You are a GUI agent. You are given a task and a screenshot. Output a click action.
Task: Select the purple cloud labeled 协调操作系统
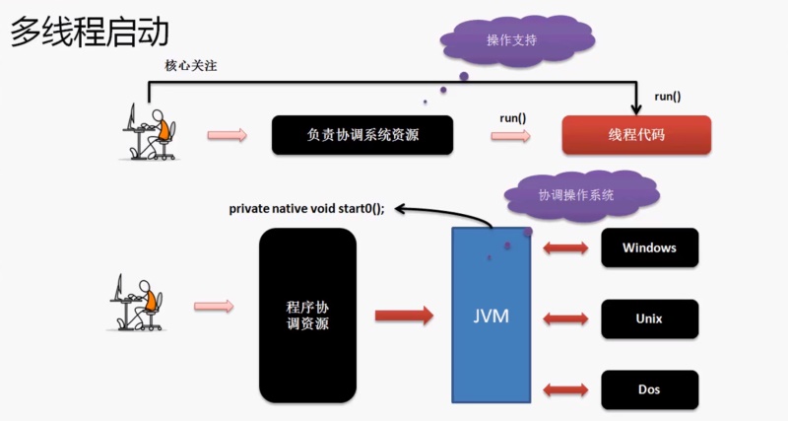pyautogui.click(x=576, y=195)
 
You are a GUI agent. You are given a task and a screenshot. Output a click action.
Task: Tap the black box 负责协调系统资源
pyautogui.click(x=362, y=135)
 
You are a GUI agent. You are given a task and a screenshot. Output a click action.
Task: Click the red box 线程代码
pyautogui.click(x=636, y=135)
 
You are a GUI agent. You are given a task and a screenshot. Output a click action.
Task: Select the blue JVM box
pyautogui.click(x=491, y=316)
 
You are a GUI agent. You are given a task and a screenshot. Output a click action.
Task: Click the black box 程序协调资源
pyautogui.click(x=306, y=316)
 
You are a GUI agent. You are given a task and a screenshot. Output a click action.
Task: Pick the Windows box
pyautogui.click(x=649, y=247)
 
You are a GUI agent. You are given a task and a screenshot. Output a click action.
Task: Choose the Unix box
pyautogui.click(x=649, y=319)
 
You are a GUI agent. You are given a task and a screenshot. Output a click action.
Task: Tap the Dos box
pyautogui.click(x=649, y=390)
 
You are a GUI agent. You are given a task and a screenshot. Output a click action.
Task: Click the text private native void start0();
pyautogui.click(x=306, y=208)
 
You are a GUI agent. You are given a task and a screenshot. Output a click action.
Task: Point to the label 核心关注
pyautogui.click(x=188, y=66)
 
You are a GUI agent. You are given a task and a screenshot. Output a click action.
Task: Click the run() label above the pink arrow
pyautogui.click(x=512, y=118)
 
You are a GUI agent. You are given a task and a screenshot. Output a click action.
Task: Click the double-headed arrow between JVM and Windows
pyautogui.click(x=565, y=247)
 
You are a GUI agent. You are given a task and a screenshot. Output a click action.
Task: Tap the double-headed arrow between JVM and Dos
pyautogui.click(x=565, y=390)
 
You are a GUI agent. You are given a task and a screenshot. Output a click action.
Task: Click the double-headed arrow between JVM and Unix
pyautogui.click(x=565, y=319)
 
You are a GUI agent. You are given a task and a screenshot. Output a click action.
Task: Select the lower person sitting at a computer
pyautogui.click(x=136, y=303)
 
